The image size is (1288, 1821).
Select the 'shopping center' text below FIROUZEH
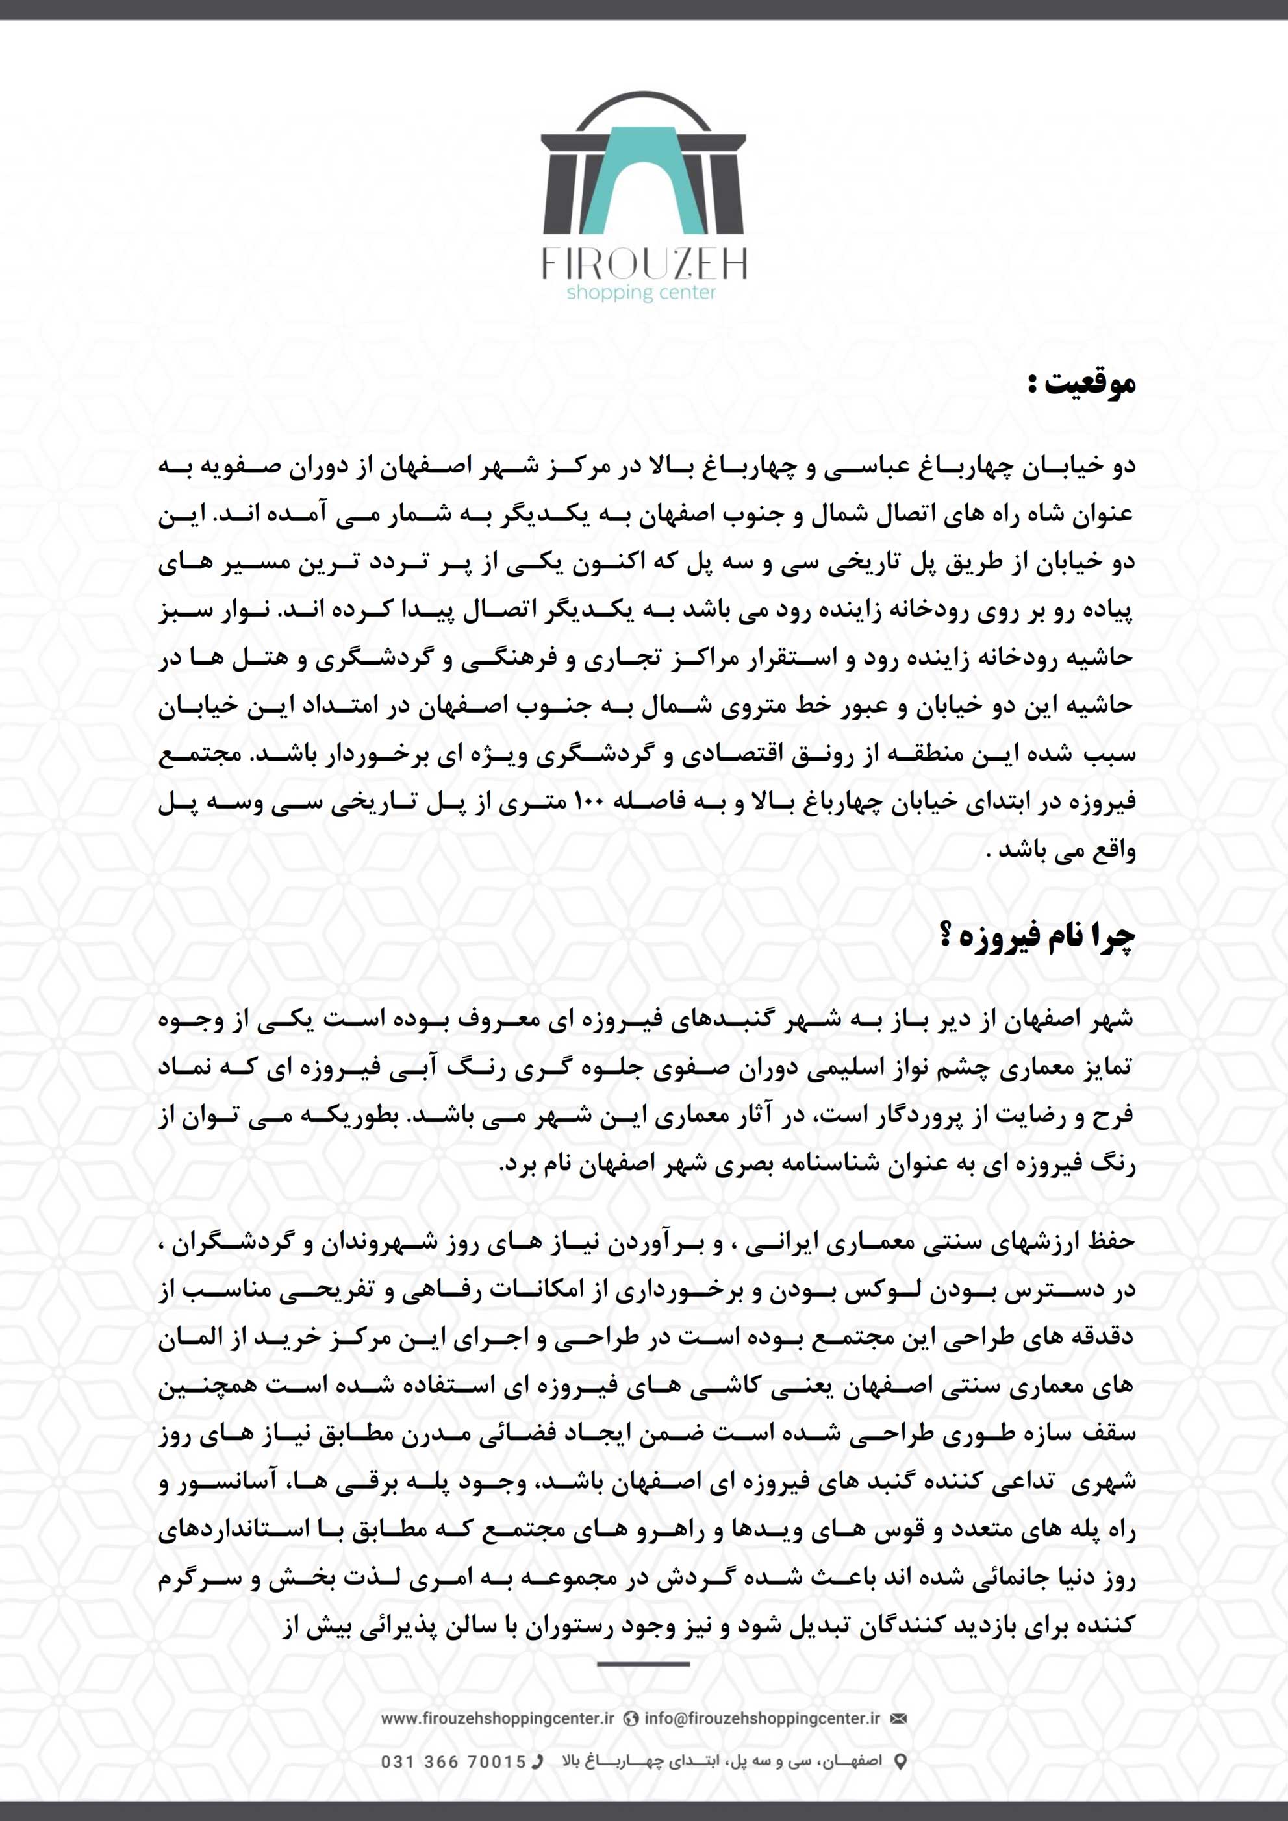click(641, 293)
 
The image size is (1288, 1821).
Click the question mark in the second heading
click(945, 936)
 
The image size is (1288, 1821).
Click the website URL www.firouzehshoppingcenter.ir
click(498, 1718)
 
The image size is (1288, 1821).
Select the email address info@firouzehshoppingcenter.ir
click(762, 1718)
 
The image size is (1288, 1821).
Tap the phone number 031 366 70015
click(453, 1761)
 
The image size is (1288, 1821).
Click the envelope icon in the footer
click(898, 1718)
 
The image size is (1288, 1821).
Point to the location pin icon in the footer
click(900, 1761)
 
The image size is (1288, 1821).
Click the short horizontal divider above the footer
click(643, 1664)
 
